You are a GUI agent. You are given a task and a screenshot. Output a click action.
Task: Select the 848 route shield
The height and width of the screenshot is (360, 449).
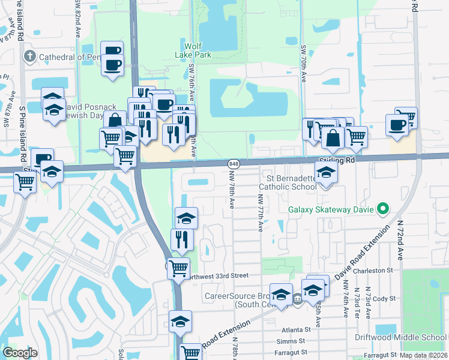[234, 164]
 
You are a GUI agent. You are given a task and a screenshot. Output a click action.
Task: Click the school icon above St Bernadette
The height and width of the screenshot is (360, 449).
[326, 172]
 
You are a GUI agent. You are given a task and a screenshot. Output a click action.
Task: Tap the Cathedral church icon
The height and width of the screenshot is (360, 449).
[29, 57]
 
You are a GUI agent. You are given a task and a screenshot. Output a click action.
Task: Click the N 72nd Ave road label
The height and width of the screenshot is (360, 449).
[399, 239]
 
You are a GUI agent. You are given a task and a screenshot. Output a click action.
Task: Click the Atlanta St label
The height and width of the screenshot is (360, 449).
[296, 329]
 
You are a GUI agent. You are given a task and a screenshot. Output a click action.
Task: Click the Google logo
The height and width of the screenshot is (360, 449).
[20, 353]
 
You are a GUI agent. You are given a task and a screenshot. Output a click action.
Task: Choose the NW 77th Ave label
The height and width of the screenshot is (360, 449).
[261, 212]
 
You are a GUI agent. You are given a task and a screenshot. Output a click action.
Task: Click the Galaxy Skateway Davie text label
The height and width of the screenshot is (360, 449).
[330, 209]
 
